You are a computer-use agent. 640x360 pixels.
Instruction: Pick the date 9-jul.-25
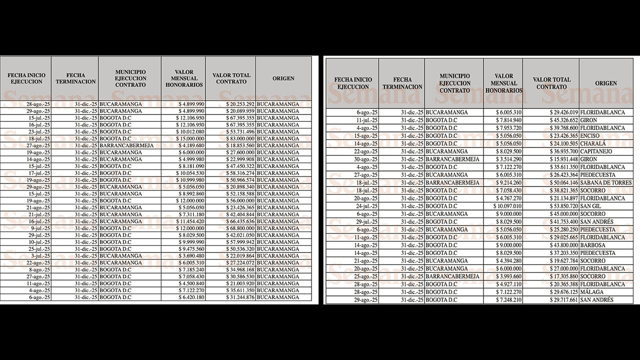click(38, 228)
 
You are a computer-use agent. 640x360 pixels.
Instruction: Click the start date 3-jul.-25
click(38, 255)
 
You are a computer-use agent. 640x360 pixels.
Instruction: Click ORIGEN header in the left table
click(283, 78)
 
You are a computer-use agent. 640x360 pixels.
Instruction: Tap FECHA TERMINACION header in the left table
click(75, 78)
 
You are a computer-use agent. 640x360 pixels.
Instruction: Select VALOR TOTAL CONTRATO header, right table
click(551, 83)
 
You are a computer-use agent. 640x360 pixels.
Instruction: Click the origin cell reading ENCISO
click(591, 136)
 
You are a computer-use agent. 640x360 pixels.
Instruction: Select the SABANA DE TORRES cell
click(605, 183)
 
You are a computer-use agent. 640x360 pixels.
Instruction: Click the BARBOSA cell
click(592, 245)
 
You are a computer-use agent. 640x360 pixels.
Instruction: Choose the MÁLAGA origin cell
click(591, 292)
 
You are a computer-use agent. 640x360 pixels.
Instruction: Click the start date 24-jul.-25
click(366, 206)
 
